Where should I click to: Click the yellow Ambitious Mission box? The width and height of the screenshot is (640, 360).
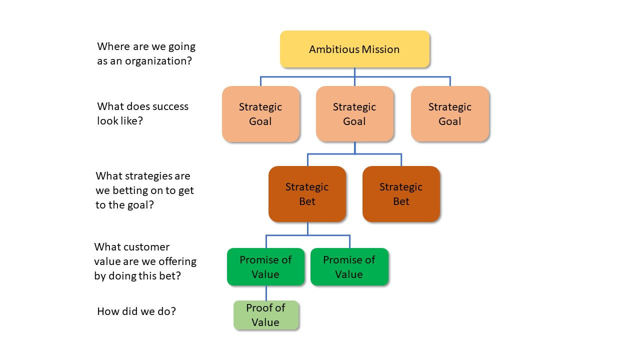pos(354,49)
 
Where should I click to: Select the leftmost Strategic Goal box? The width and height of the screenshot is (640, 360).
pos(260,114)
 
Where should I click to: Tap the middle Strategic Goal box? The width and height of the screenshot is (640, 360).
pos(354,114)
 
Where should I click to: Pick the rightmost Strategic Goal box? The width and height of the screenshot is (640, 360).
pos(449,114)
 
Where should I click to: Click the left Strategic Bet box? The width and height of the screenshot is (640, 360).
pos(307,194)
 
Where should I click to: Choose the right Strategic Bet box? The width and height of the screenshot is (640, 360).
pos(401,194)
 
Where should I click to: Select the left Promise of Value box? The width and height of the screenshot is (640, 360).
pos(265,267)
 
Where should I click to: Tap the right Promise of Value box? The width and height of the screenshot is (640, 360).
pos(349,267)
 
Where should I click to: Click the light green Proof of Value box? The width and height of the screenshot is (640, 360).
pos(265,315)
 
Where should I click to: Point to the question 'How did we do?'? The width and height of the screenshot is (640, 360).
pos(136,311)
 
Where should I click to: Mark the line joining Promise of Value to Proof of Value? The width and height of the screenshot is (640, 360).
pos(266,293)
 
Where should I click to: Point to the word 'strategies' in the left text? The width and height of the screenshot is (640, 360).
pos(148,176)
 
